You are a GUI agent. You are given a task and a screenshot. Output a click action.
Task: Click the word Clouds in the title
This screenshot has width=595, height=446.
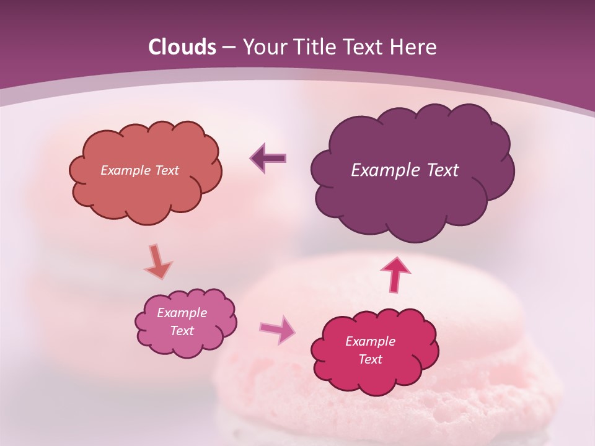pyautogui.click(x=182, y=47)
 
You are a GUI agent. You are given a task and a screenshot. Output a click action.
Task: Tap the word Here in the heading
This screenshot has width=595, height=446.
pyautogui.click(x=413, y=47)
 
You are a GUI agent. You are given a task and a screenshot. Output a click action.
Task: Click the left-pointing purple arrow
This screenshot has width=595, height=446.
pyautogui.click(x=268, y=158)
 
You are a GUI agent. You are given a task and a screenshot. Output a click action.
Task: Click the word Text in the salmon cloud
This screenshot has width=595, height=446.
pyautogui.click(x=165, y=170)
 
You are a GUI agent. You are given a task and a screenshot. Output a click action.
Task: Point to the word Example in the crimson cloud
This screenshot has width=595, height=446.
pyautogui.click(x=370, y=341)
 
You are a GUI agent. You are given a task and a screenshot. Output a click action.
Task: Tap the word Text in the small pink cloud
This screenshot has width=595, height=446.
pyautogui.click(x=182, y=331)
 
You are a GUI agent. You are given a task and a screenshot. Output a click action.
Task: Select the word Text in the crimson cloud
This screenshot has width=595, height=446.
pyautogui.click(x=371, y=359)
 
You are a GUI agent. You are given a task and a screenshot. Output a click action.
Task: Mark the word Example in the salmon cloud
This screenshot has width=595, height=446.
pyautogui.click(x=125, y=170)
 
